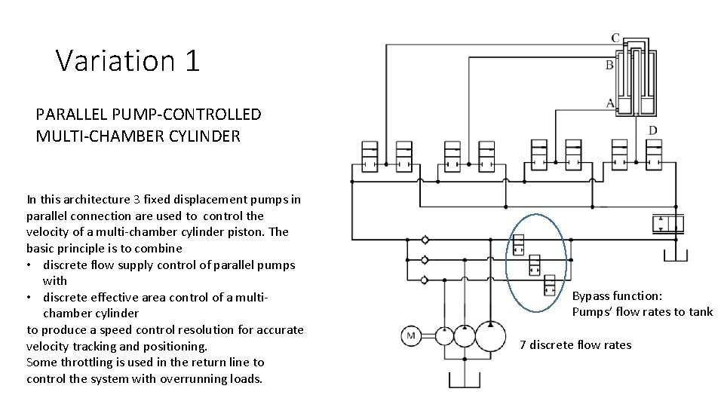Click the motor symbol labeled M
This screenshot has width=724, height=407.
coord(411,335)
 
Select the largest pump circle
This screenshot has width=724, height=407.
coord(491,335)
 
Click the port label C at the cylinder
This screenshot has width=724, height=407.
coord(615,38)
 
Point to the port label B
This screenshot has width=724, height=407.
coord(609,66)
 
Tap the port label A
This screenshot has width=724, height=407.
coord(609,103)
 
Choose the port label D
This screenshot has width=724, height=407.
coord(652,130)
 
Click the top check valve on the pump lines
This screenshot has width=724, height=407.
coord(425,240)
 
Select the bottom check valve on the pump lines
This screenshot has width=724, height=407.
coord(425,280)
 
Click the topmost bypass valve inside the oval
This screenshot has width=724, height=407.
coord(519,245)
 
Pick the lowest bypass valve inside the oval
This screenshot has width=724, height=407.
coord(550,285)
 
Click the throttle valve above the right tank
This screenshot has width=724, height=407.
coord(667,224)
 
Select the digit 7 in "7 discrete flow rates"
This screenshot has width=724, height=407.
coord(523,345)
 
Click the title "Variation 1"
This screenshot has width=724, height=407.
coord(127,60)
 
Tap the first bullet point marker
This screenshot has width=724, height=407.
coord(30,265)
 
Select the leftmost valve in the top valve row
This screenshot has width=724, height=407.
coord(370,156)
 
